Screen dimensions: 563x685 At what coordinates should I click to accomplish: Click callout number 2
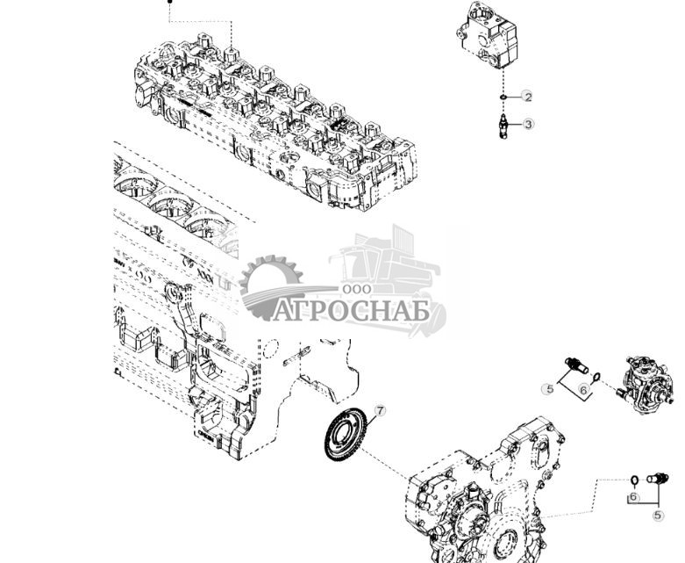(x=527, y=97)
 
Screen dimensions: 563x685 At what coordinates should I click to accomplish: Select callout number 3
(x=528, y=125)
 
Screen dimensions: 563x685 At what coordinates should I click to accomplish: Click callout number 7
(x=380, y=410)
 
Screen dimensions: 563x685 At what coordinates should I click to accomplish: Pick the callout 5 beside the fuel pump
(x=548, y=388)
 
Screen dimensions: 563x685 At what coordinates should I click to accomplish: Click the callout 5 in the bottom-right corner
(x=658, y=516)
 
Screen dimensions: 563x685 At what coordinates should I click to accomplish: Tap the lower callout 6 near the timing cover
(x=633, y=497)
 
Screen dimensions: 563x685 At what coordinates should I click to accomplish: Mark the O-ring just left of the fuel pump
(x=596, y=379)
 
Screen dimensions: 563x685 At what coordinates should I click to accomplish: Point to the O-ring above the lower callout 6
(x=632, y=480)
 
